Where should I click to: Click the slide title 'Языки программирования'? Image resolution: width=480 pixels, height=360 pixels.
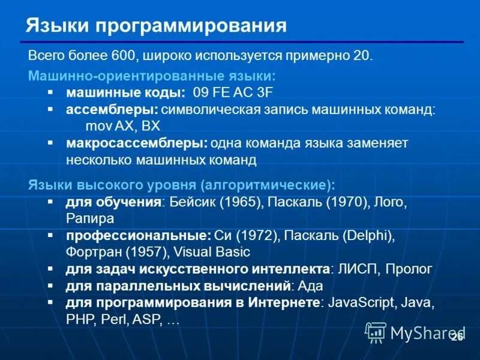(156, 25)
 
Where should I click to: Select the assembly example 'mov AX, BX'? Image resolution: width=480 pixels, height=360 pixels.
(123, 126)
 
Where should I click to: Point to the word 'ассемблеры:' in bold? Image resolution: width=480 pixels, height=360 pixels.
(112, 110)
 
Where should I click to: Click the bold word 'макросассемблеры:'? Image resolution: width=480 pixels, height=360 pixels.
(137, 143)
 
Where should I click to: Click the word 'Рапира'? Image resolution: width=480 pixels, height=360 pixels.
(90, 218)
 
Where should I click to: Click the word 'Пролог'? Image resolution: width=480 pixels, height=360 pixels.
(408, 269)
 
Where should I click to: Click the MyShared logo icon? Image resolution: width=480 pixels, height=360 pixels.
(376, 332)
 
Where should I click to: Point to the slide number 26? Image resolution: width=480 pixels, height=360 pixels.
(457, 337)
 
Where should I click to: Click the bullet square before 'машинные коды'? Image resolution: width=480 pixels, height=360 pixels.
(50, 94)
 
